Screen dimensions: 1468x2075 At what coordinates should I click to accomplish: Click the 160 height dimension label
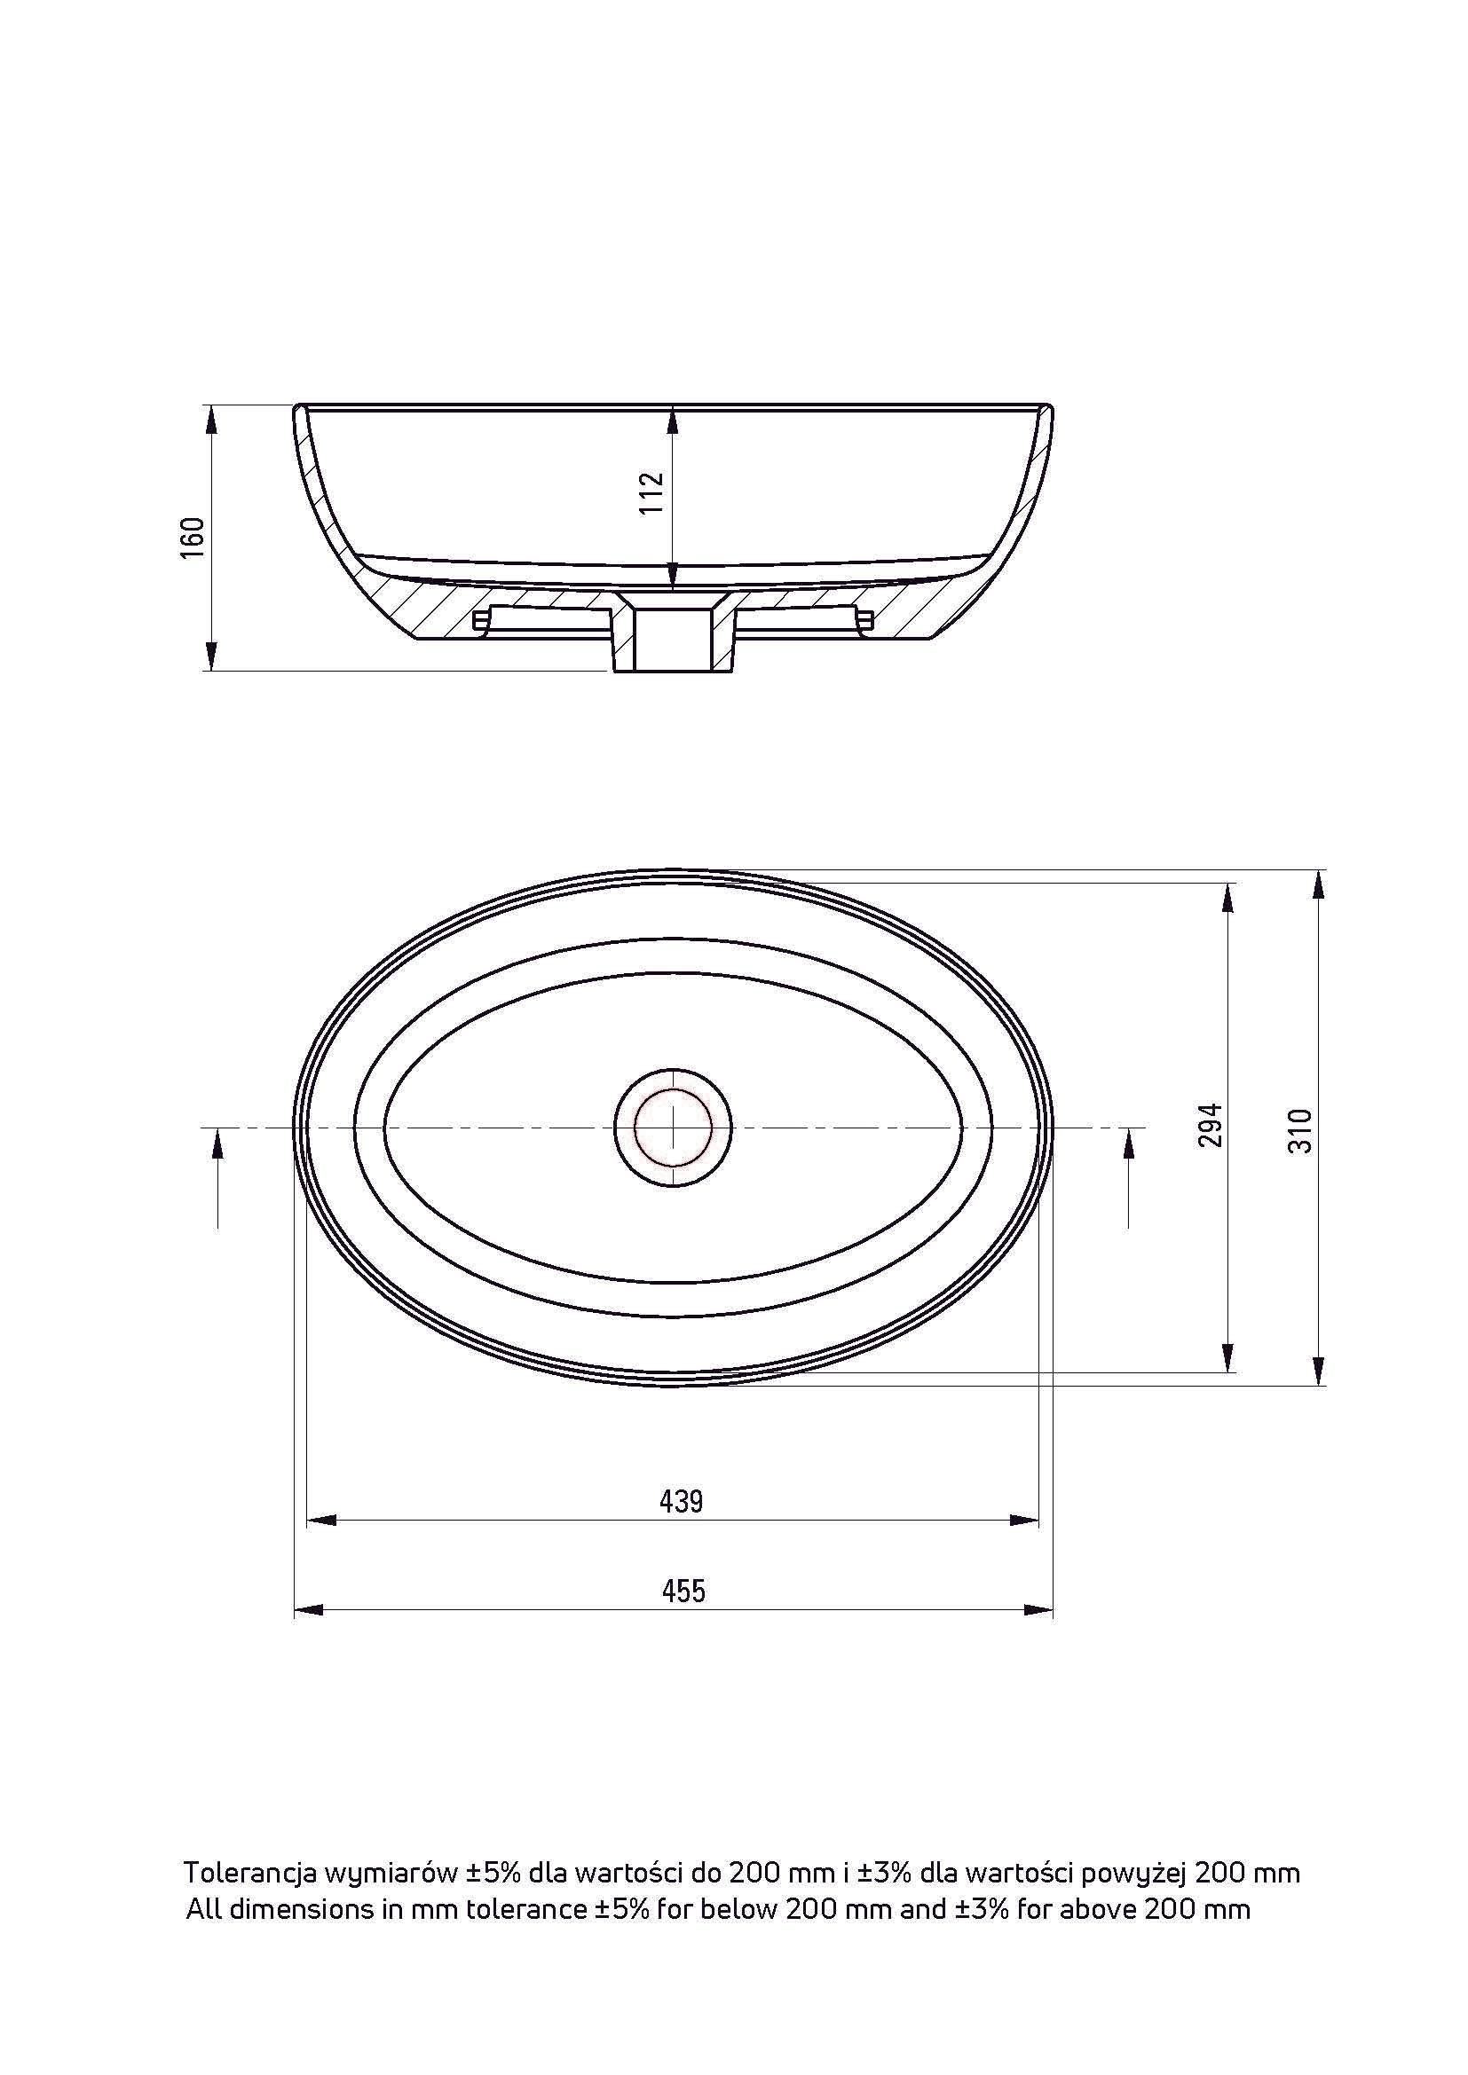click(x=193, y=538)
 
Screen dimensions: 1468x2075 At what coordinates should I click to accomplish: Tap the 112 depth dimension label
click(x=651, y=492)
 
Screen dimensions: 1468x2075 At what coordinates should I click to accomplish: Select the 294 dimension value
click(x=1211, y=1124)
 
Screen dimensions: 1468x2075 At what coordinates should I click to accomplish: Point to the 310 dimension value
click(x=1300, y=1129)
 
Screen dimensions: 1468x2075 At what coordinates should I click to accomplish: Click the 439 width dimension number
click(x=682, y=1501)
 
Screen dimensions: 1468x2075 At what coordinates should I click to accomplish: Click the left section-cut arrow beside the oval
click(x=218, y=1180)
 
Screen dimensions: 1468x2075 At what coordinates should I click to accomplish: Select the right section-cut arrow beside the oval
click(x=1129, y=1180)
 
